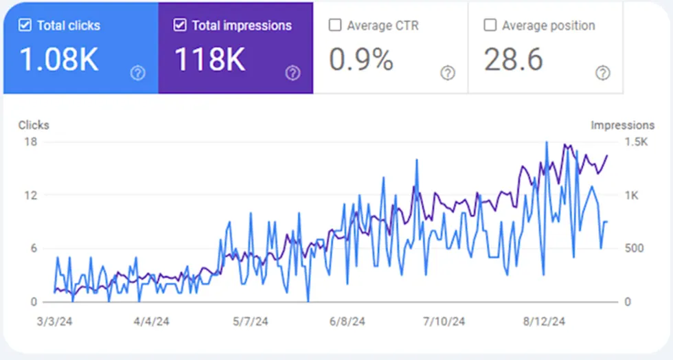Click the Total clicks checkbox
[x=25, y=25]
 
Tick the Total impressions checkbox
[x=180, y=25]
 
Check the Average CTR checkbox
[x=335, y=25]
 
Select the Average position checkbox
[x=490, y=25]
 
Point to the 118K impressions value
[x=209, y=60]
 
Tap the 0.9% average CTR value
[x=361, y=60]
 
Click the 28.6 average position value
[x=514, y=60]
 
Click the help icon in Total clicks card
[x=138, y=73]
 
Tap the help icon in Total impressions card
[x=293, y=73]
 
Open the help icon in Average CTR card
[x=448, y=73]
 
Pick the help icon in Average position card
[x=603, y=73]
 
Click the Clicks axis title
[x=34, y=125]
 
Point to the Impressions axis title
[x=622, y=125]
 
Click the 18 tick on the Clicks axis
[x=31, y=142]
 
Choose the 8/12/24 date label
[x=545, y=321]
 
